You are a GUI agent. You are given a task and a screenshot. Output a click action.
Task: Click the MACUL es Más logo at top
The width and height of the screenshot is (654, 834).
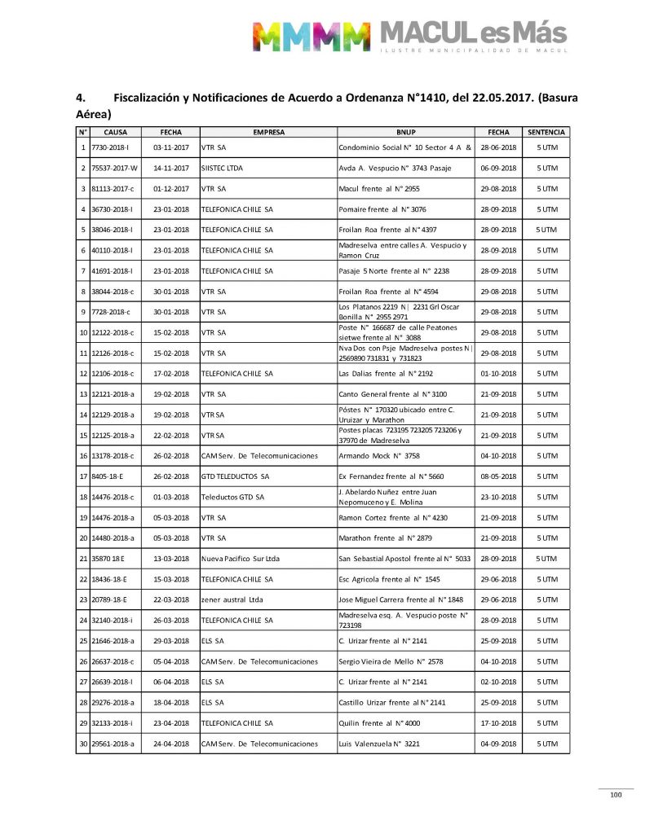coord(410,37)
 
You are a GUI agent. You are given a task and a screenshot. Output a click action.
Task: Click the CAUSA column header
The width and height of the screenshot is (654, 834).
coord(115,132)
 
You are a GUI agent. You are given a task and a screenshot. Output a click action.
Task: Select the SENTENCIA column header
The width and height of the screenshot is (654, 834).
coord(546,132)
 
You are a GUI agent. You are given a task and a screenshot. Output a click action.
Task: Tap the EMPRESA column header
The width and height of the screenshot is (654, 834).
coord(268,132)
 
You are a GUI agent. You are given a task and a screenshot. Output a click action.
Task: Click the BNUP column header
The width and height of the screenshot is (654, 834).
coord(405,132)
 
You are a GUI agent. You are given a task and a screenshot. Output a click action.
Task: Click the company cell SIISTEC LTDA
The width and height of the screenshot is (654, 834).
coord(222,169)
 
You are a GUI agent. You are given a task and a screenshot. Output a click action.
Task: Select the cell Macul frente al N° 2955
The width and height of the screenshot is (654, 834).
coord(380,189)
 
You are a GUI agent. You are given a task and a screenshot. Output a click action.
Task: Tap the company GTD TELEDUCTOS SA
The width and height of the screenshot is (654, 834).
coord(235,476)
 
